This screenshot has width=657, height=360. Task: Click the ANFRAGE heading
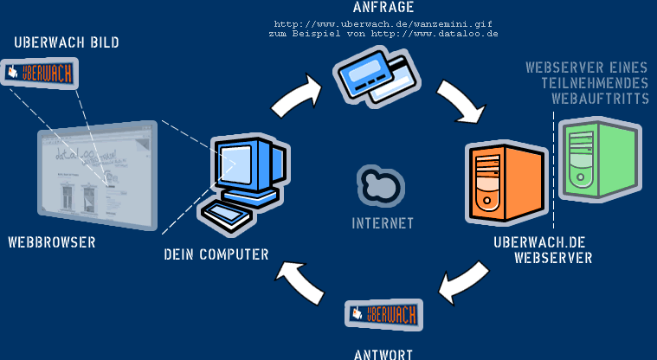pyautogui.click(x=383, y=7)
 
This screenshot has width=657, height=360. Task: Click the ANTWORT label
pyautogui.click(x=383, y=353)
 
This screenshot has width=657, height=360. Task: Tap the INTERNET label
pyautogui.click(x=383, y=223)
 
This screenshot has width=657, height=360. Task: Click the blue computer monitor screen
pyautogui.click(x=235, y=162)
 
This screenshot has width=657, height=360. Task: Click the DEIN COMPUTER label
pyautogui.click(x=216, y=254)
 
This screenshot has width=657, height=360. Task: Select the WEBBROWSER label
pyautogui.click(x=52, y=242)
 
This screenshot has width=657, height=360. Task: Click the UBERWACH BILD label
pyautogui.click(x=67, y=42)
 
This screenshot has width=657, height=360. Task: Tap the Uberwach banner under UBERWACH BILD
pyautogui.click(x=40, y=74)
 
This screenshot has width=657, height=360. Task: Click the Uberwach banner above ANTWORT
pyautogui.click(x=383, y=314)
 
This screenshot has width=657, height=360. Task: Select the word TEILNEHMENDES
pyautogui.click(x=595, y=83)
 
